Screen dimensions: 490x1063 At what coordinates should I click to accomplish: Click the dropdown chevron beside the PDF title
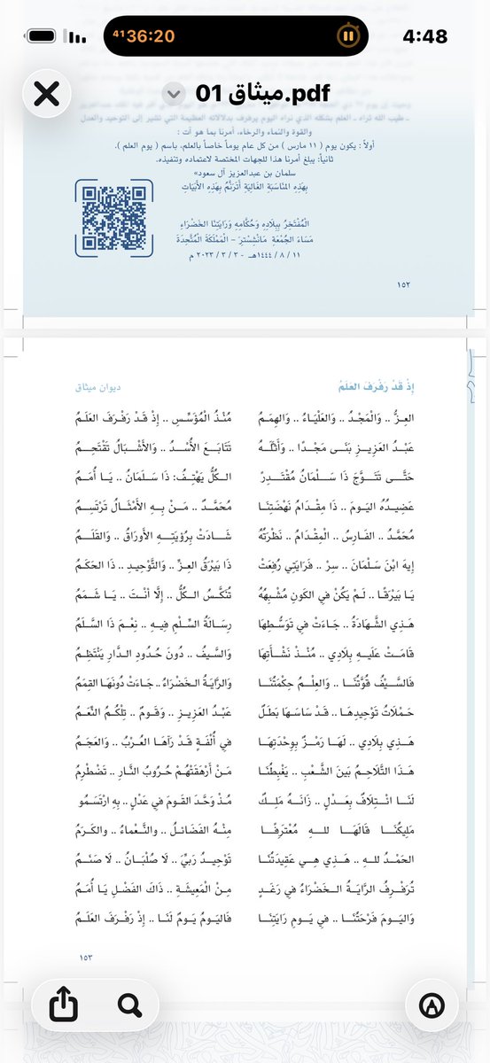pyautogui.click(x=175, y=93)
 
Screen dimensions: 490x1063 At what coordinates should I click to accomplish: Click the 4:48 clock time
pyautogui.click(x=424, y=35)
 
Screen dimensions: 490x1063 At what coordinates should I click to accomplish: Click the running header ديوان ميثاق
pyautogui.click(x=99, y=386)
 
